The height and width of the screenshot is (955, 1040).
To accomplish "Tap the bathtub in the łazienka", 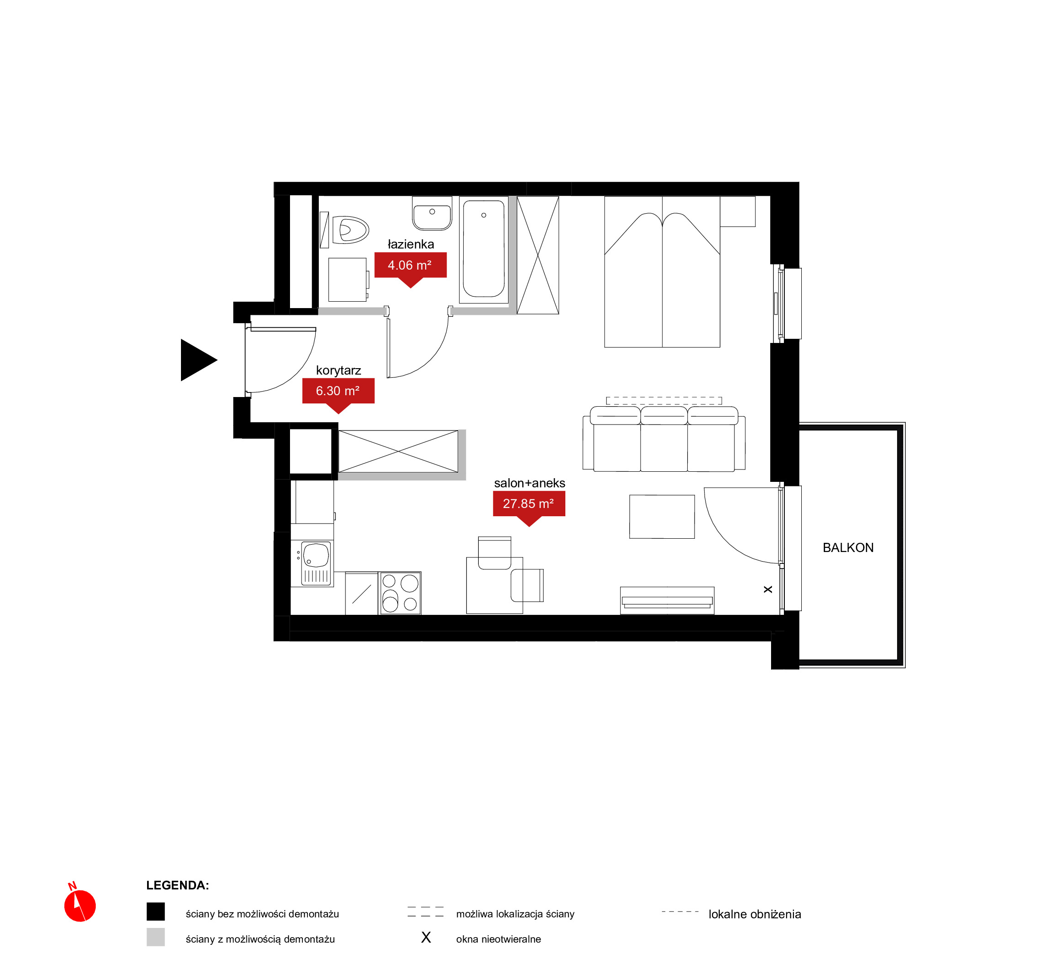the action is (x=484, y=249).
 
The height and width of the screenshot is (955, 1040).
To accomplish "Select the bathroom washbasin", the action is (x=432, y=213).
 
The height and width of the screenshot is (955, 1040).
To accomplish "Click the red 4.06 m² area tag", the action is (x=411, y=269).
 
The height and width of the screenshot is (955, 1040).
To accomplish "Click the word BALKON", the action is (x=848, y=548).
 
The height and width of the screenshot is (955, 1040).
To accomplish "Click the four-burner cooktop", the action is (x=400, y=593).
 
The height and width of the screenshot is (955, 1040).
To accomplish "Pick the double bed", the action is (x=662, y=272).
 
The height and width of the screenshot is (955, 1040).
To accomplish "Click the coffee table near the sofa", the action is (x=662, y=517).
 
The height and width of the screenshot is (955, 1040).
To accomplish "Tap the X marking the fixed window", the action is (x=768, y=590).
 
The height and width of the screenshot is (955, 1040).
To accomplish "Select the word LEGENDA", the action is (x=177, y=885).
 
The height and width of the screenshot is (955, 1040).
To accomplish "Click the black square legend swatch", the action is (x=155, y=911).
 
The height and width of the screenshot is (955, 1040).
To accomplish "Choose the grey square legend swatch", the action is (x=155, y=937).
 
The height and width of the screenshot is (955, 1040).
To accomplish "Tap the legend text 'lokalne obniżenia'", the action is (x=755, y=914).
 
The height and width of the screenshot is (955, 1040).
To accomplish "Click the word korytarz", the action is (x=338, y=370).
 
